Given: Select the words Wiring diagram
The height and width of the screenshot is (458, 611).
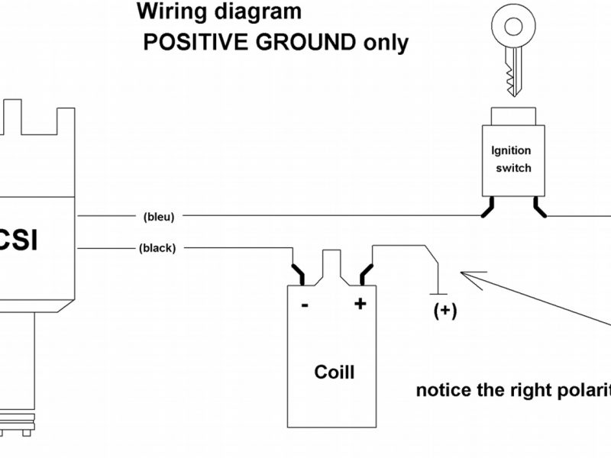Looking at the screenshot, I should click(x=218, y=12).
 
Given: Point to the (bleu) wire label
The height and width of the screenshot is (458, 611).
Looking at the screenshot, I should click(x=159, y=217).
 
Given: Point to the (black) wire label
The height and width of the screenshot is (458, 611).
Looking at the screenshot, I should click(x=158, y=248).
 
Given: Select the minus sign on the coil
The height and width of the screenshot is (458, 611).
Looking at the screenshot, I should click(x=305, y=305).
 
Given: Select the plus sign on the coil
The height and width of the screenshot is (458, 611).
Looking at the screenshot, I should click(x=360, y=304).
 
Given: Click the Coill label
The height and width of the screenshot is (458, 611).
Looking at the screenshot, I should click(x=335, y=373).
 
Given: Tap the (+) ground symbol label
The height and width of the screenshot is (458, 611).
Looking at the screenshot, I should click(x=445, y=311).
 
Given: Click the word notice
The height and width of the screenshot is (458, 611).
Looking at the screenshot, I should click(x=445, y=391).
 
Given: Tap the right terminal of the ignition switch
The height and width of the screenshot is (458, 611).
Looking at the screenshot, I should click(x=539, y=208).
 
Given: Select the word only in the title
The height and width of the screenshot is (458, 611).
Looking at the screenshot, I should click(x=383, y=42).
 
